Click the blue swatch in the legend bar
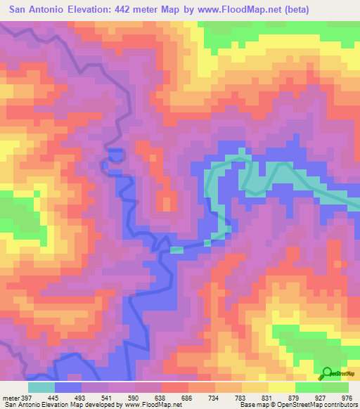[x=68, y=387]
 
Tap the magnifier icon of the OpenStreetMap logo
[x=326, y=372]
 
